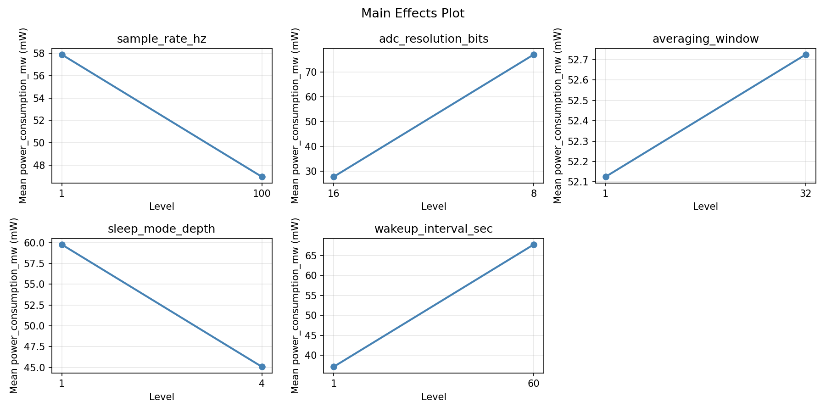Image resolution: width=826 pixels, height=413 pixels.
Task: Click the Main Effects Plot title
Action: click(413, 13)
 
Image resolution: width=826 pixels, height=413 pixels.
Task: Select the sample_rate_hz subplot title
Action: click(162, 39)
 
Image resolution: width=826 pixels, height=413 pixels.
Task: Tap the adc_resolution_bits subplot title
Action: click(434, 39)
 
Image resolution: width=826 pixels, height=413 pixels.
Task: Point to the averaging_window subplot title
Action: click(705, 39)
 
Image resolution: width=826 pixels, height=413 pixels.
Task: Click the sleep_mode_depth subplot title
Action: click(162, 229)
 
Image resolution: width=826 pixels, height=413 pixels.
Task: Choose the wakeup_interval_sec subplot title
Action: click(434, 229)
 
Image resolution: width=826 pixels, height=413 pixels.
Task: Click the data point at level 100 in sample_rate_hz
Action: click(262, 177)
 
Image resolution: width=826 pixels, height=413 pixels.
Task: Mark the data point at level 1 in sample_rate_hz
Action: click(62, 55)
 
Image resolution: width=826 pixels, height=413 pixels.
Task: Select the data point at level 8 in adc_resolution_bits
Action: click(534, 55)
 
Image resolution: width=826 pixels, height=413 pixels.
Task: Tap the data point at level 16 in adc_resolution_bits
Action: click(334, 177)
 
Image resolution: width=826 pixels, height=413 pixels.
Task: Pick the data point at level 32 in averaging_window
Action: click(806, 55)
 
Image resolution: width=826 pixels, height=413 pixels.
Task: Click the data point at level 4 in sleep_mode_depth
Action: click(262, 367)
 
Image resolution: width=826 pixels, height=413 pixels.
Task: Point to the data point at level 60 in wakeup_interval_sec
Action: click(534, 245)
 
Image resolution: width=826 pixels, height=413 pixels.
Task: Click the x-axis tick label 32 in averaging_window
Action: click(806, 194)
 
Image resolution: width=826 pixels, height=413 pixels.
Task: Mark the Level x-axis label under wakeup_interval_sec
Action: click(434, 397)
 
